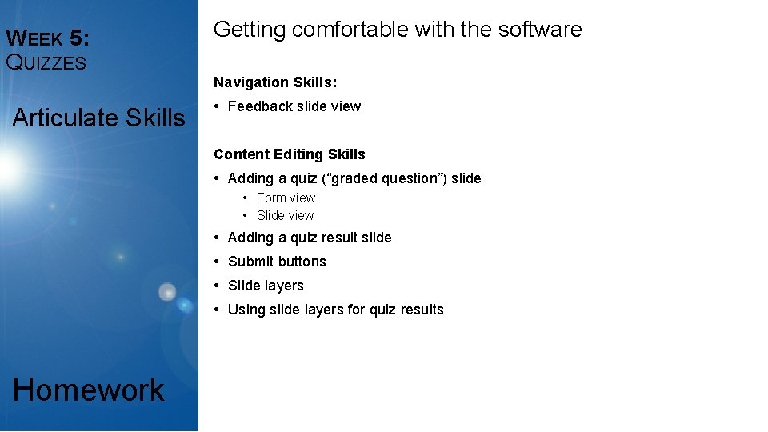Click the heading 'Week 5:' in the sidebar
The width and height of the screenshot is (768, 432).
(x=47, y=38)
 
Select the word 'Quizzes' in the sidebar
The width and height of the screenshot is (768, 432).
(x=46, y=62)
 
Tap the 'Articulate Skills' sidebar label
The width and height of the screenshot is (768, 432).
(x=98, y=118)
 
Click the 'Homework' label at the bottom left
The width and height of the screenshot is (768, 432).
(x=89, y=390)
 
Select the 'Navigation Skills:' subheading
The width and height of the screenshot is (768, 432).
(x=274, y=82)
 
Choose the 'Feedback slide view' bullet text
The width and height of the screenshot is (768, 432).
(x=294, y=106)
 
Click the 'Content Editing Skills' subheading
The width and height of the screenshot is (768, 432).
(x=289, y=154)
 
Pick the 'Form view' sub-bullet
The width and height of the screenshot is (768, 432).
(x=286, y=198)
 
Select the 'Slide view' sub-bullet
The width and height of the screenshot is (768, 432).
(x=285, y=215)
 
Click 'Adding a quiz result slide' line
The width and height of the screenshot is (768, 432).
(x=310, y=238)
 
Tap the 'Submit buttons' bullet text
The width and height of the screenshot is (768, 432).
(x=277, y=262)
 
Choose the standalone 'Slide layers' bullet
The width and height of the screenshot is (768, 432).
(x=266, y=286)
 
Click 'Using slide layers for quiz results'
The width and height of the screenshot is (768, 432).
(x=335, y=310)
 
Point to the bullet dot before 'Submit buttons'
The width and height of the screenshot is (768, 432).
(x=217, y=262)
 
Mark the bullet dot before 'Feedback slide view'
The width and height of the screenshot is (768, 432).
(x=217, y=106)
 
